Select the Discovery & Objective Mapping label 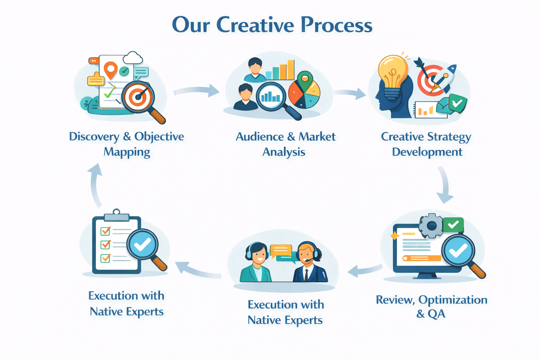[127, 144]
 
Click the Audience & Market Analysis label [285, 144]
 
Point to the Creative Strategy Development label [426, 144]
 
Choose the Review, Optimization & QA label [431, 306]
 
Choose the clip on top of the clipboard [116, 214]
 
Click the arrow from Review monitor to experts [364, 270]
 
